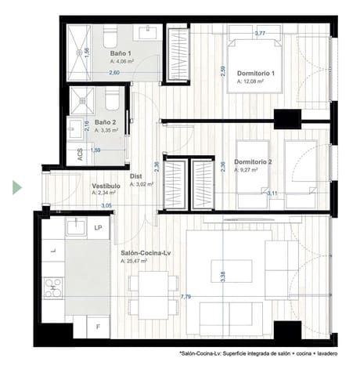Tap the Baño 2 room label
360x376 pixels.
(x=106, y=122)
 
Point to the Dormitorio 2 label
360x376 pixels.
(x=254, y=162)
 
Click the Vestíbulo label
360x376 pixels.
(x=106, y=186)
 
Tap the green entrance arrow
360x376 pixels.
(x=16, y=188)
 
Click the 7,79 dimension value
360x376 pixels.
(x=185, y=297)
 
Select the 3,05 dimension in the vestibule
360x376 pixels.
(x=106, y=205)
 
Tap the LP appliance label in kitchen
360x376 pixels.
(x=99, y=228)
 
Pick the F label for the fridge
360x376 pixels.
(x=99, y=325)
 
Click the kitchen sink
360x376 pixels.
(x=76, y=227)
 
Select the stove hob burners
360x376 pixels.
(x=53, y=287)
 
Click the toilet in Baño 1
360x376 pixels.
(x=110, y=38)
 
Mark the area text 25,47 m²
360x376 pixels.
(x=137, y=261)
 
